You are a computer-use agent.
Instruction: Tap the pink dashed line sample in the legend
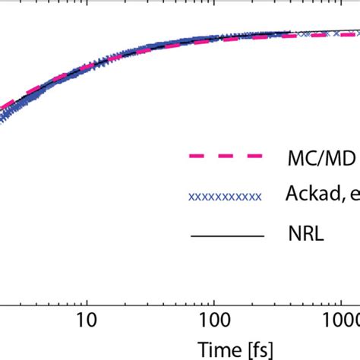coord(225,157)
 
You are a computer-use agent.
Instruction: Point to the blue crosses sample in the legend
coord(225,197)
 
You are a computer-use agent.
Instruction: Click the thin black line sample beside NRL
coord(225,236)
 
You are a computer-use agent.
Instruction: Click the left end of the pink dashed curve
coord(2,106)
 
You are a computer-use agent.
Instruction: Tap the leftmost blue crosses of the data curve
coord(3,115)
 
